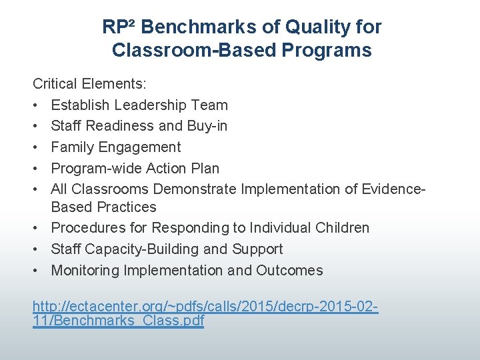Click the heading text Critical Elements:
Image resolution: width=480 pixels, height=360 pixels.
pyautogui.click(x=90, y=84)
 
